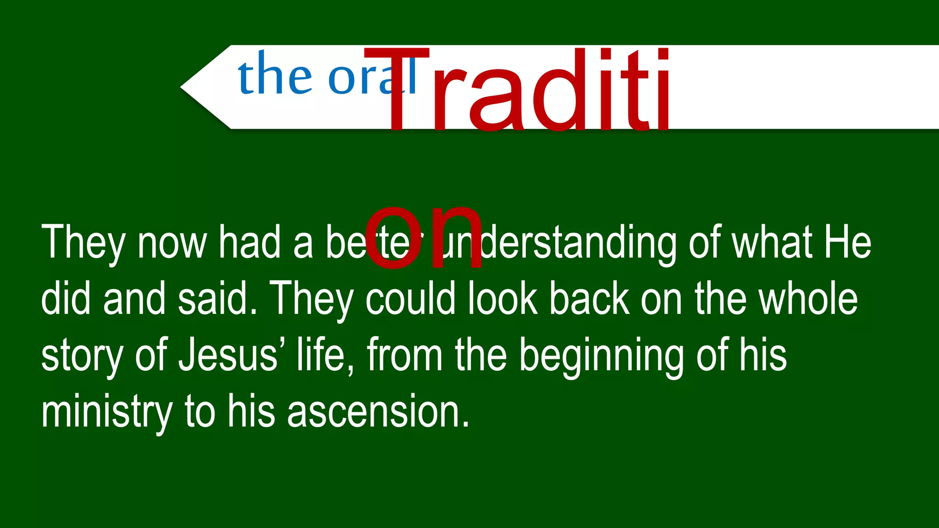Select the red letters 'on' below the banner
click(424, 238)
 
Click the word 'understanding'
click(555, 243)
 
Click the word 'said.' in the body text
click(217, 298)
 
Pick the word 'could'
click(410, 298)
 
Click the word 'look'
click(503, 298)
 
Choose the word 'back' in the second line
click(589, 298)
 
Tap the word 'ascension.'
click(378, 411)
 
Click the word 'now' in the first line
click(172, 243)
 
